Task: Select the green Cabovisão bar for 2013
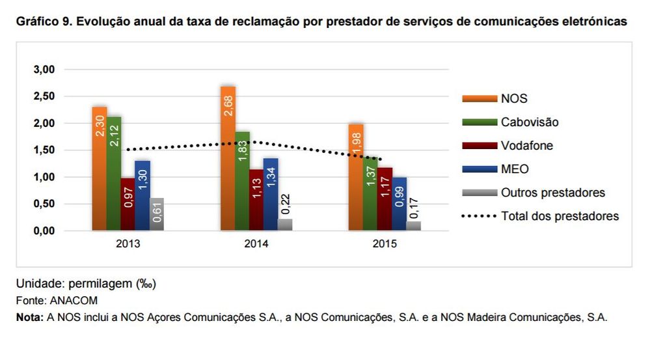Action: click(x=114, y=173)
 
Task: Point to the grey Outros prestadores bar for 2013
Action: click(x=157, y=214)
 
